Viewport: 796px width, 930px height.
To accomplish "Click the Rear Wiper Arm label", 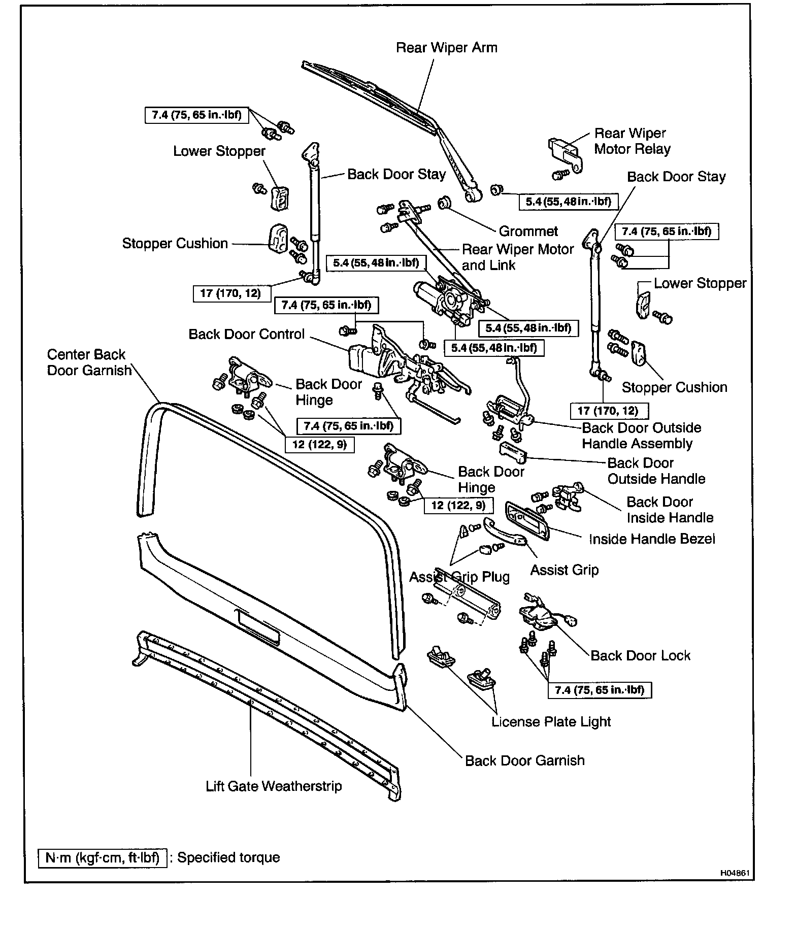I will (x=446, y=48).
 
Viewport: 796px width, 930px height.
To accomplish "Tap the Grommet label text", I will (x=528, y=231).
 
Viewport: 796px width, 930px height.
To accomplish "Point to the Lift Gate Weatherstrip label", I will (x=274, y=786).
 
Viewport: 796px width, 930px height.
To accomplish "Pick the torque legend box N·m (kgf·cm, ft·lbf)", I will (x=102, y=857).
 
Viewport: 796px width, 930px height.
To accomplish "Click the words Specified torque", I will (x=228, y=857).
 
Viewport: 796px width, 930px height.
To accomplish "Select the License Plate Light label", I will (x=551, y=722).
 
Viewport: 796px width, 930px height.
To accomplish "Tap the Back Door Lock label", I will (x=640, y=655).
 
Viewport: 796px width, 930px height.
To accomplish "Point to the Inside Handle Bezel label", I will (x=652, y=539).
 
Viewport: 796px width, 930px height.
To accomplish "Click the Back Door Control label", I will (x=246, y=334).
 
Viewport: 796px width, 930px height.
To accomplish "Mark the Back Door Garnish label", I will (x=524, y=760).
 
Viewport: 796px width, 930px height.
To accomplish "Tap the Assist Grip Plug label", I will (x=459, y=577).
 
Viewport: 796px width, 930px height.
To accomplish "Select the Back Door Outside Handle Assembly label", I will (x=641, y=436).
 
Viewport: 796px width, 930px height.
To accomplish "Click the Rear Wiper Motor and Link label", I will (x=517, y=257).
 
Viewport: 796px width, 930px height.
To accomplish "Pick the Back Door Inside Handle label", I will (x=670, y=510).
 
